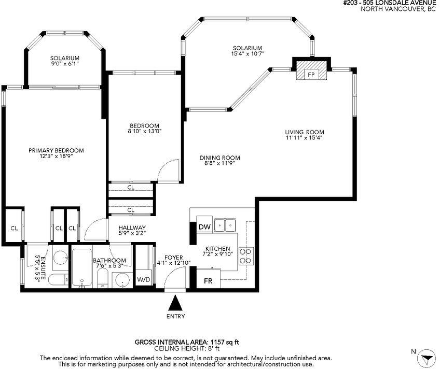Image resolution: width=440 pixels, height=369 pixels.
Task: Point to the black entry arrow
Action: (x=176, y=303)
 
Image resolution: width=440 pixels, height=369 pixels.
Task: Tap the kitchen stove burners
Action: (x=246, y=256)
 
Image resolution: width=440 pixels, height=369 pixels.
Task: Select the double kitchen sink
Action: (x=225, y=225)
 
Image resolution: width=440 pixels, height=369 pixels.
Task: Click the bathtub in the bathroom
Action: (x=82, y=268)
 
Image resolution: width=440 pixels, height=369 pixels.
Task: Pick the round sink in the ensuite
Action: (x=61, y=257)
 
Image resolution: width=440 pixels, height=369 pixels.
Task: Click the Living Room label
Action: (x=305, y=132)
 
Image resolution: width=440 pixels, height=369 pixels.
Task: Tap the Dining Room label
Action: (x=219, y=158)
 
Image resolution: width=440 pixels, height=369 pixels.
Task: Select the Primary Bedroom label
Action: (x=56, y=150)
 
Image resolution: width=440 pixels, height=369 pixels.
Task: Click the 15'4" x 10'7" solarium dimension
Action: (x=247, y=53)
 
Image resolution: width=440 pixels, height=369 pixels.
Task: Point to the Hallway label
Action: (x=132, y=228)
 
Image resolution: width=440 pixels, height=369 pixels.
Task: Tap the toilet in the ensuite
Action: (x=58, y=279)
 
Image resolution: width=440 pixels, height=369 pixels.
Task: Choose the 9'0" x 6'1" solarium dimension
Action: (x=64, y=64)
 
